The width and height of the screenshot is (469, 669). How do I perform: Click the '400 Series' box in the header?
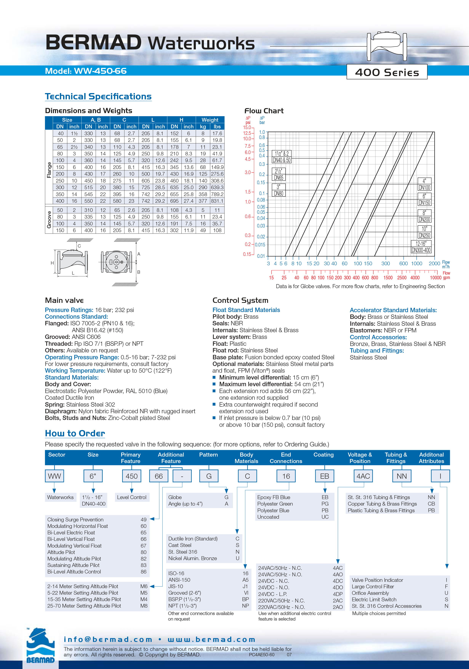387,72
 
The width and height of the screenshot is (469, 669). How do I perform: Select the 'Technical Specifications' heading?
98,96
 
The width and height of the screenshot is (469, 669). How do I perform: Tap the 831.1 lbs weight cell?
217,201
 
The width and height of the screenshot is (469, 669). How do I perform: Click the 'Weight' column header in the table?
210,120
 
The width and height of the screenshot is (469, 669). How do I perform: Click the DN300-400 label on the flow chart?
421,250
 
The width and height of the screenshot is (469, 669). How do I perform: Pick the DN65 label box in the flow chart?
279,177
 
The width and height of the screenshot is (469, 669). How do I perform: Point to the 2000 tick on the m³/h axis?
434,263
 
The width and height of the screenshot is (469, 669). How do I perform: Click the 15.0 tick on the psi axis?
247,127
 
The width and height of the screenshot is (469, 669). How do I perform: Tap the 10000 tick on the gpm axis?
435,278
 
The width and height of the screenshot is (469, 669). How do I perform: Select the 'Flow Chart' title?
264,111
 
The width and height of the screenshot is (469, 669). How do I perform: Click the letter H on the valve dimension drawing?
52,263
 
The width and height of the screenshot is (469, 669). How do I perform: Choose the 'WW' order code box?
54,476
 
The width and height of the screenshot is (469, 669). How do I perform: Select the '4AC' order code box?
363,476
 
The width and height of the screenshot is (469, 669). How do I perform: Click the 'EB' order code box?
324,476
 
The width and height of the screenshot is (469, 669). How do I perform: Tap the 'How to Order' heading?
75,433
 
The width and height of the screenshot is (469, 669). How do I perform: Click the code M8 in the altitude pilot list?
144,606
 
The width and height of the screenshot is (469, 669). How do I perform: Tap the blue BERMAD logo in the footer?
40,647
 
